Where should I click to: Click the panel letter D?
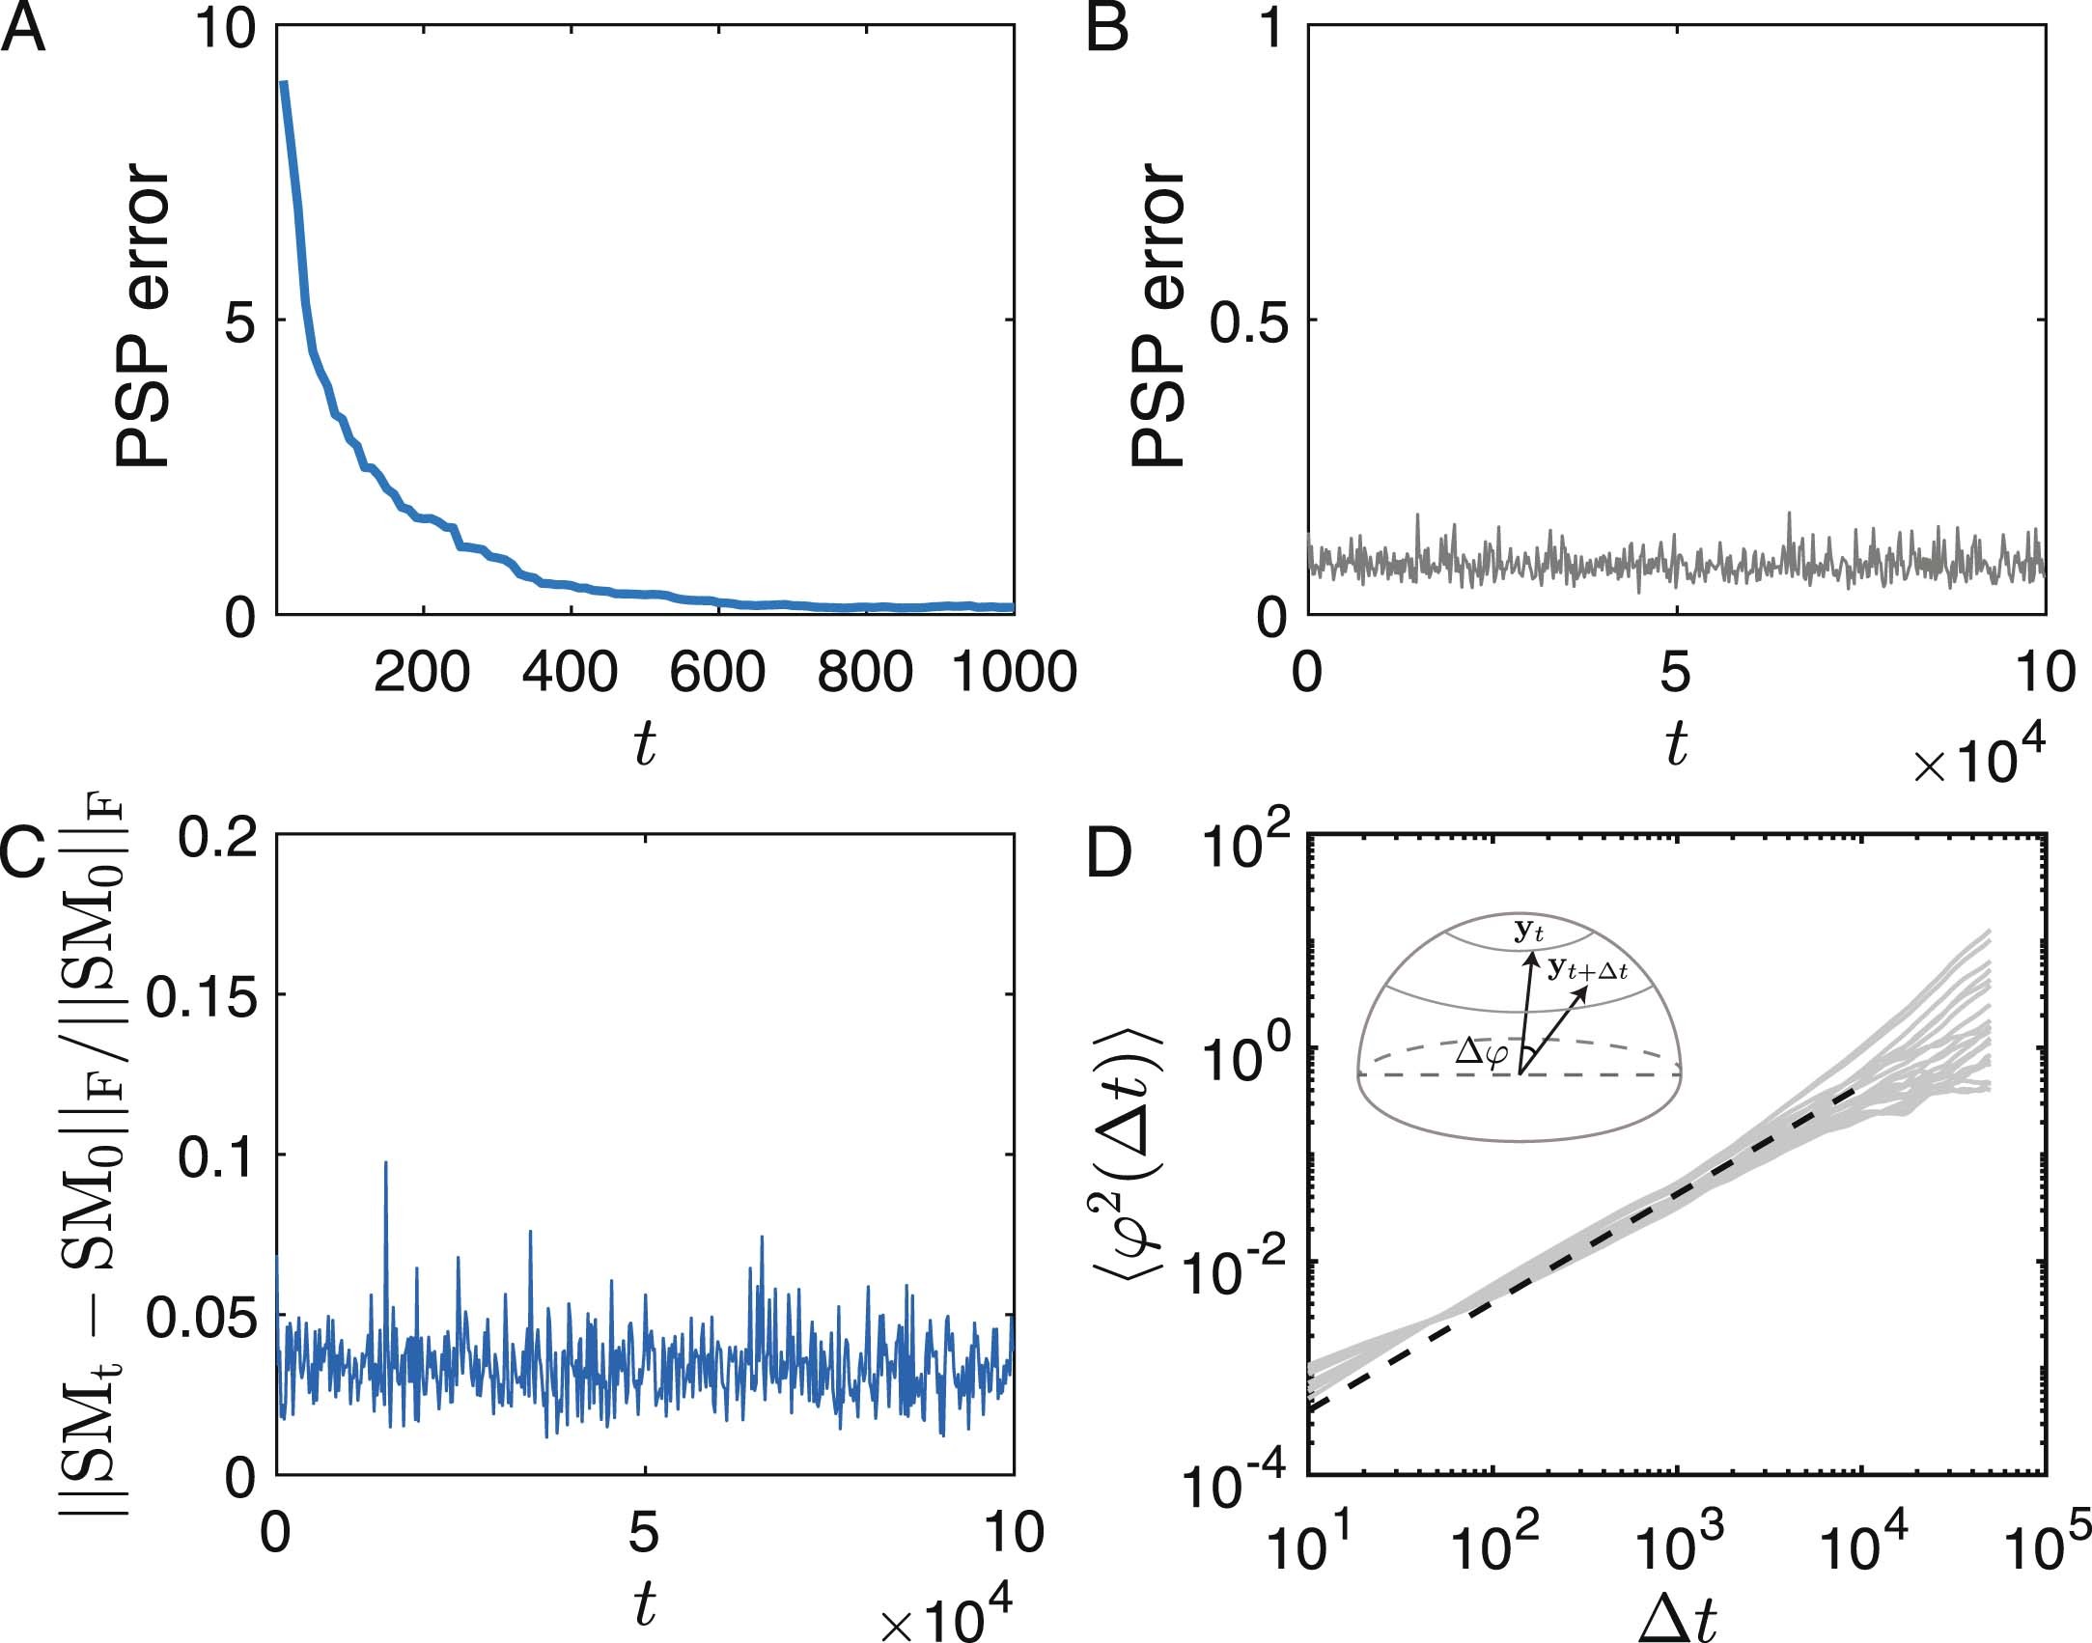pyautogui.click(x=1109, y=854)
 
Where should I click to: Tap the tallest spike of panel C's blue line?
pyautogui.click(x=386, y=1164)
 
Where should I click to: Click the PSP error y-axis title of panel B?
pyautogui.click(x=1158, y=316)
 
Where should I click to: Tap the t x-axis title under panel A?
pyautogui.click(x=645, y=744)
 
